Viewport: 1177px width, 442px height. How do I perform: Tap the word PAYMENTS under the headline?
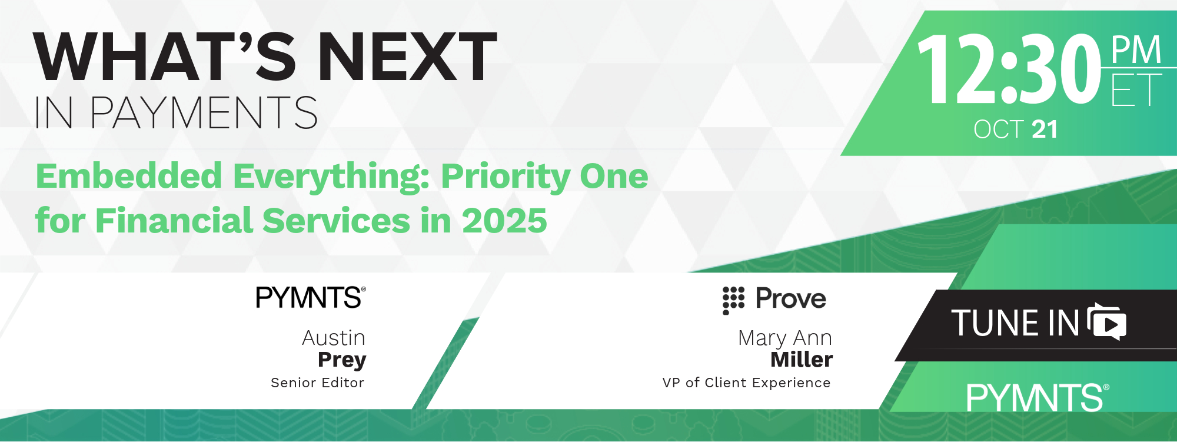204,112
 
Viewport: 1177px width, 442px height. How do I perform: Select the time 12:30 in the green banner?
1009,68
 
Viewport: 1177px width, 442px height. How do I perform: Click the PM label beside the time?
1136,50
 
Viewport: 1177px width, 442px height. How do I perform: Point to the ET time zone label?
1136,89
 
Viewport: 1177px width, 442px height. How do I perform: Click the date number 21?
1045,129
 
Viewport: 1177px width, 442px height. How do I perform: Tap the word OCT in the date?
999,129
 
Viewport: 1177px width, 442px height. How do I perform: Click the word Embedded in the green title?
129,176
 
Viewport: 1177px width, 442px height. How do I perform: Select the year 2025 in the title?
504,221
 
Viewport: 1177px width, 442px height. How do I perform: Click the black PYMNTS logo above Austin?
311,298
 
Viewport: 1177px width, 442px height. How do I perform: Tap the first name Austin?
334,338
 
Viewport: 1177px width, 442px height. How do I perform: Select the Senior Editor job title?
317,383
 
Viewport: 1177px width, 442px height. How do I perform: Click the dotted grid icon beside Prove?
733,300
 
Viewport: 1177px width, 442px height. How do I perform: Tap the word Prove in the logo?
791,298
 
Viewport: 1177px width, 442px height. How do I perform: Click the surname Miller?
802,359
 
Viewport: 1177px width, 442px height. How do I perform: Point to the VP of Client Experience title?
746,383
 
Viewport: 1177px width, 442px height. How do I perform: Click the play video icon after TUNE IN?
1107,322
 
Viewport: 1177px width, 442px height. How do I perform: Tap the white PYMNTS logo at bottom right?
1038,398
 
